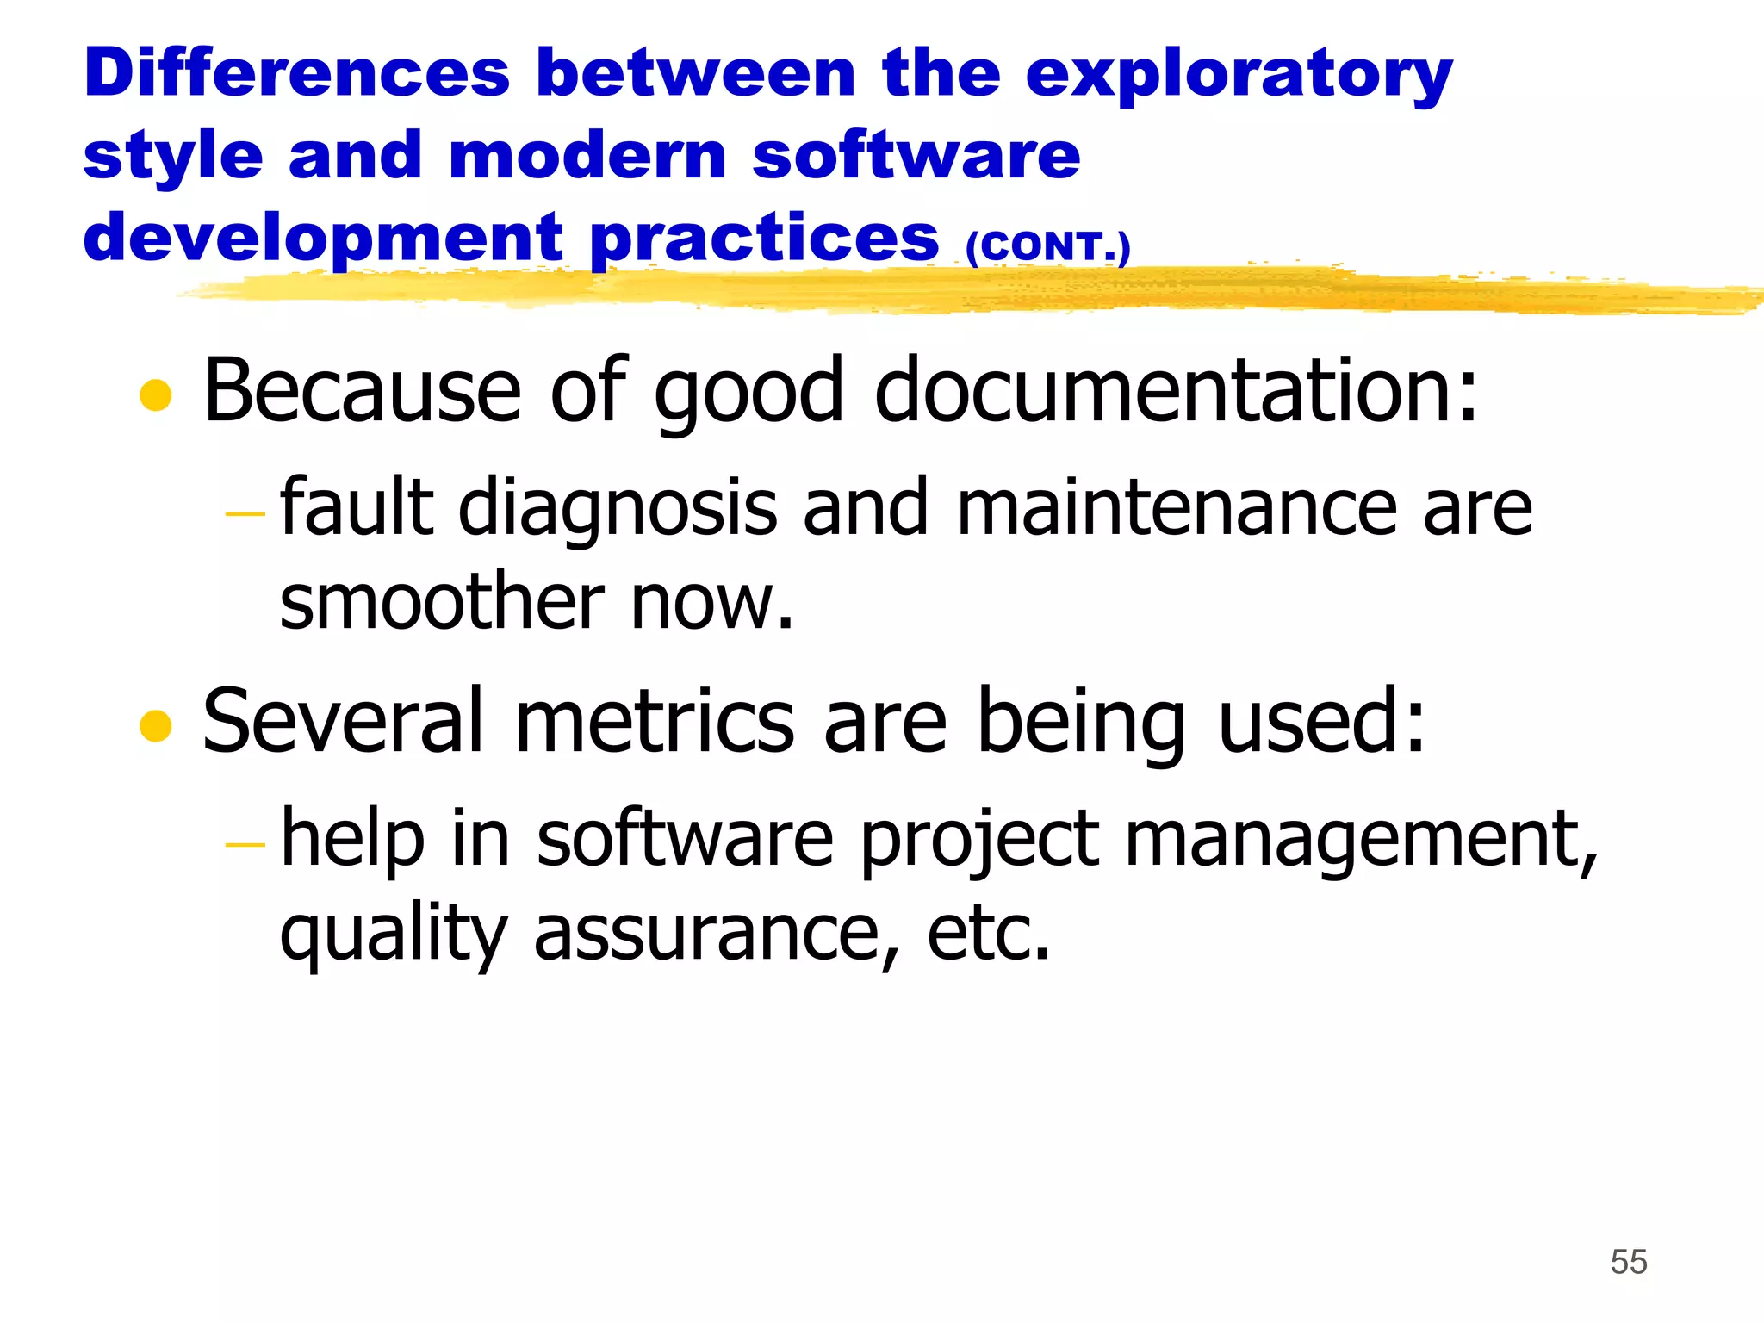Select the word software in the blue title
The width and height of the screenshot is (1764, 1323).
[x=916, y=157]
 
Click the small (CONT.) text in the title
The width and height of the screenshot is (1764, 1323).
[x=1047, y=247]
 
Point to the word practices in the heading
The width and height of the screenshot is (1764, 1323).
[x=765, y=239]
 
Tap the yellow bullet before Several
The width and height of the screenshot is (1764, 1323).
[x=156, y=725]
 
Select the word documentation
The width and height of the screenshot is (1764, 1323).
[x=1176, y=392]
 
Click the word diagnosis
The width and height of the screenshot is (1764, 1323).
[x=618, y=508]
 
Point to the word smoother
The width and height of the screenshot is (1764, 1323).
[x=442, y=602]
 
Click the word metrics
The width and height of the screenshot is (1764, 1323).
[x=654, y=721]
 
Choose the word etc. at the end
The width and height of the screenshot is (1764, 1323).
[x=988, y=935]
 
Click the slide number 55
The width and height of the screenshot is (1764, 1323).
[x=1628, y=1262]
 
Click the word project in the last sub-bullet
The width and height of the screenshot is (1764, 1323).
[x=979, y=840]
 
